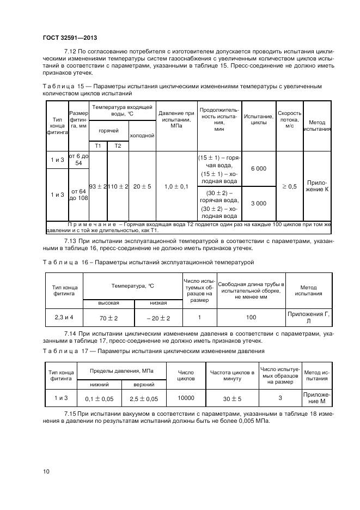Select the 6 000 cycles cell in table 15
(x=258, y=168)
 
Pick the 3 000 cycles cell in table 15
(x=258, y=203)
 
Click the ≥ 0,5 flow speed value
(x=289, y=186)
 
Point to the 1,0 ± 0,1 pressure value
(x=176, y=186)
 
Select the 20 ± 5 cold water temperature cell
(x=142, y=186)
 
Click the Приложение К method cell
(x=317, y=186)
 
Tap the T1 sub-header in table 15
(x=98, y=146)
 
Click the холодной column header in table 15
(x=142, y=136)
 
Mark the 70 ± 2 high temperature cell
(x=108, y=318)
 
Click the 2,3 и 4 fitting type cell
(x=64, y=317)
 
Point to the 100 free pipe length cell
(x=250, y=317)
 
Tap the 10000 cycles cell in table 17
(x=186, y=398)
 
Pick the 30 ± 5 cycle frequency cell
(x=232, y=399)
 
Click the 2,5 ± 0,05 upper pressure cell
(x=144, y=399)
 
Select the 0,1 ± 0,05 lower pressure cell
(x=99, y=399)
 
